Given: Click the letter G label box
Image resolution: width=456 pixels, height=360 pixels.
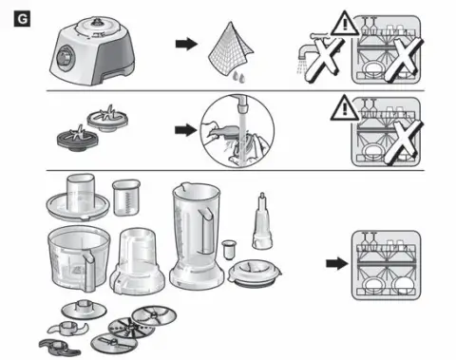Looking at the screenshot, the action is (22, 19).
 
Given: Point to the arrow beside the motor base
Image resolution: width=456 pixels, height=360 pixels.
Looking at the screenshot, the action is (186, 44).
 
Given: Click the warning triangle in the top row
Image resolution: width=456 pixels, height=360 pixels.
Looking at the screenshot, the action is (345, 24).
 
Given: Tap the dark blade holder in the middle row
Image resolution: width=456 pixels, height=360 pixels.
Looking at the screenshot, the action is (76, 139).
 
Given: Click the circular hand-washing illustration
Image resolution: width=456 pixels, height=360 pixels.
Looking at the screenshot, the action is (237, 131).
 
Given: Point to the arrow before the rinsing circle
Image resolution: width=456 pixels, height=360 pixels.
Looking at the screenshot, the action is (186, 130).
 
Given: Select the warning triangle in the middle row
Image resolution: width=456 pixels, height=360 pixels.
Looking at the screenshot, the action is (345, 108).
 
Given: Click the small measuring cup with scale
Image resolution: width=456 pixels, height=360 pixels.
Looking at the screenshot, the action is (126, 198).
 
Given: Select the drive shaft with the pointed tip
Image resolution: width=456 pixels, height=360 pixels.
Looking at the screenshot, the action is (262, 220).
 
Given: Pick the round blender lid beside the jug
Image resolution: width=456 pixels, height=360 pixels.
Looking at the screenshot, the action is (255, 273).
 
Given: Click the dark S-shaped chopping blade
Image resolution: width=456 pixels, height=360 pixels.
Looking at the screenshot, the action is (59, 348).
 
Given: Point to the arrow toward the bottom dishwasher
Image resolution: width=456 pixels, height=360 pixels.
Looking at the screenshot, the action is (337, 263).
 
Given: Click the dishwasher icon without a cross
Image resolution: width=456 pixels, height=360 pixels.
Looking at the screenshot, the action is (387, 265).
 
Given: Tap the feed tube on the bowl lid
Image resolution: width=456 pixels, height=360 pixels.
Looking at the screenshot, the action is (81, 192).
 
